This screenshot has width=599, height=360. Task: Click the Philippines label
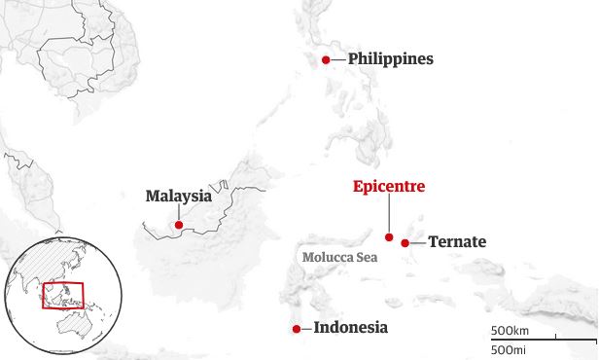390,59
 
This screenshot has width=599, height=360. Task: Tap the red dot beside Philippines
327,60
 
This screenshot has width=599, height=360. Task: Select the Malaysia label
178,196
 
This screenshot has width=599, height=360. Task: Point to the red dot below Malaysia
178,226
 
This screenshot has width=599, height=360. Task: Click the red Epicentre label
388,187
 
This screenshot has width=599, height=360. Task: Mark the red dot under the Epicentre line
389,236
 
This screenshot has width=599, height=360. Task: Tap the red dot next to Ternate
405,242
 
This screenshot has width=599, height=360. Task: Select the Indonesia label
350,328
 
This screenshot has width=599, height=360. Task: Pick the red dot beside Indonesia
296,329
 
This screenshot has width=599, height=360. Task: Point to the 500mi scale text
510,349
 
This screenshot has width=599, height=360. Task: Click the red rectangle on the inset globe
63,295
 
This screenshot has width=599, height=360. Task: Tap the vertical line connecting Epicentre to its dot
389,214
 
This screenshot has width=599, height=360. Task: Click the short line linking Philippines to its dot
337,60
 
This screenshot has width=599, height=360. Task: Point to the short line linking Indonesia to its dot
305,329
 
